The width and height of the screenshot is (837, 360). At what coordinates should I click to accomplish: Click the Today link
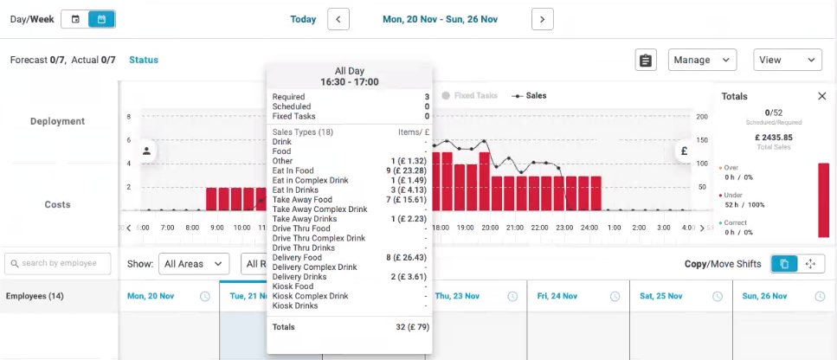coord(303,19)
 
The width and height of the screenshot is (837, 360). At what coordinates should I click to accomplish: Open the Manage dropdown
coord(702,60)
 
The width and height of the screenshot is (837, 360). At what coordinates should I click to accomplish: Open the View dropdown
coord(787,60)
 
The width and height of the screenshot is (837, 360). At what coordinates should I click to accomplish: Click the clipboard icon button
coord(645,60)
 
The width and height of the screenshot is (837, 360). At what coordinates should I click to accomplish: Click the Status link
coord(144,60)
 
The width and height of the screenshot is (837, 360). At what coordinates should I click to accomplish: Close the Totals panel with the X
coord(821,96)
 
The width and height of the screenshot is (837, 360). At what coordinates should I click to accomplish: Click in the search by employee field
coord(59,263)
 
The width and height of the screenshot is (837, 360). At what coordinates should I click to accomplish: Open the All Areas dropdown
coord(195,263)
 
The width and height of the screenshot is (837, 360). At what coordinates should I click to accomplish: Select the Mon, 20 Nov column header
coord(151,296)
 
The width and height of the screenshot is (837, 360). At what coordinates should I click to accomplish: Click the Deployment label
coord(57,121)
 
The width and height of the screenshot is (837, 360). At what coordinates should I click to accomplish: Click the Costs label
coord(57,204)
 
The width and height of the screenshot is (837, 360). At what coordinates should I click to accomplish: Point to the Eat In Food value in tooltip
coord(408,170)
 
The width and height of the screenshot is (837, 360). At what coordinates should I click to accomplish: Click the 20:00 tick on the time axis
coord(490,228)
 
